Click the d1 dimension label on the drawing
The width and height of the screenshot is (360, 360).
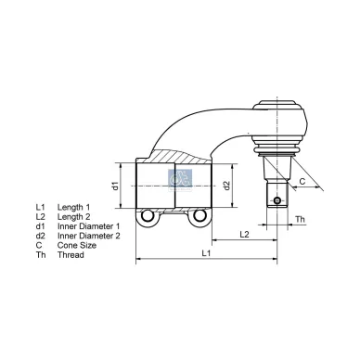click(x=116, y=185)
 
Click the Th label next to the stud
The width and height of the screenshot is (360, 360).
click(x=300, y=219)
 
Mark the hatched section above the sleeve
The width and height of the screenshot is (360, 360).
click(x=176, y=152)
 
